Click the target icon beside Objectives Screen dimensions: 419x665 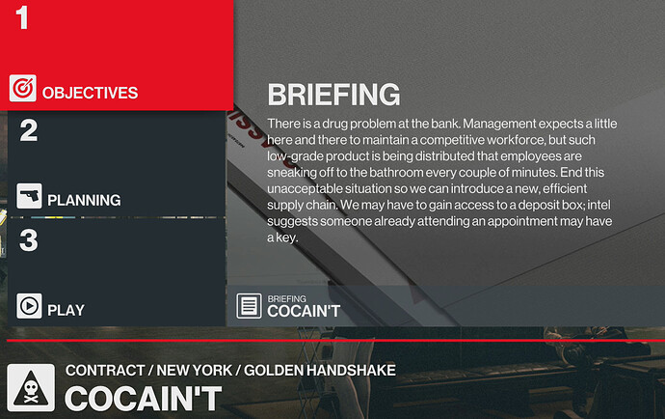pos(22,89)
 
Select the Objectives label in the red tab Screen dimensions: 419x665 pos(91,94)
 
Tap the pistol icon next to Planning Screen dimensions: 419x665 pos(29,197)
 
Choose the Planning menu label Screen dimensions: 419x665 pos(84,201)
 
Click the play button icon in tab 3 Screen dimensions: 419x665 pos(29,306)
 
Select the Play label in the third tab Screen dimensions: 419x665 pos(66,310)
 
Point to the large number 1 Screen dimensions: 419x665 pos(22,18)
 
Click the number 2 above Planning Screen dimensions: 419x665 pos(29,130)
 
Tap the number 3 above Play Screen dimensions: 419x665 pos(29,240)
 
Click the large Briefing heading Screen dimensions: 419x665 pos(332,95)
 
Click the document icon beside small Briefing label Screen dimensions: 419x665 pos(249,306)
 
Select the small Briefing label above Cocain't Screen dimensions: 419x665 pos(286,299)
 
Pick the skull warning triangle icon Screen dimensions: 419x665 pos(30,387)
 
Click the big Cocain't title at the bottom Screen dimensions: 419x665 pos(143,399)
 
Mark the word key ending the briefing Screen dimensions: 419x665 pos(288,237)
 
